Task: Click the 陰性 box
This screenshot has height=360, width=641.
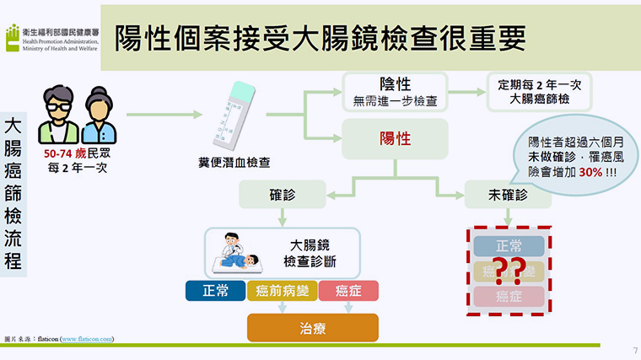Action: point(395,91)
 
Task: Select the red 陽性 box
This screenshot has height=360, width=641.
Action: point(395,138)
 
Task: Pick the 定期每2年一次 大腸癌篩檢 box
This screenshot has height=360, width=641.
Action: point(540,91)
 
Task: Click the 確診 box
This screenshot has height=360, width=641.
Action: point(282,195)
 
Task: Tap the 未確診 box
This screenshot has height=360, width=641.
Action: point(507,195)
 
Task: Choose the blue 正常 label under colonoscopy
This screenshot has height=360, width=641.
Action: point(215,292)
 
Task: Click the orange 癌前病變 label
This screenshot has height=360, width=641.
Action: point(282,292)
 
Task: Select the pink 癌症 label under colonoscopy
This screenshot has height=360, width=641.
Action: point(348,292)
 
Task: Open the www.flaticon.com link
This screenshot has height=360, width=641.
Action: point(87,339)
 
